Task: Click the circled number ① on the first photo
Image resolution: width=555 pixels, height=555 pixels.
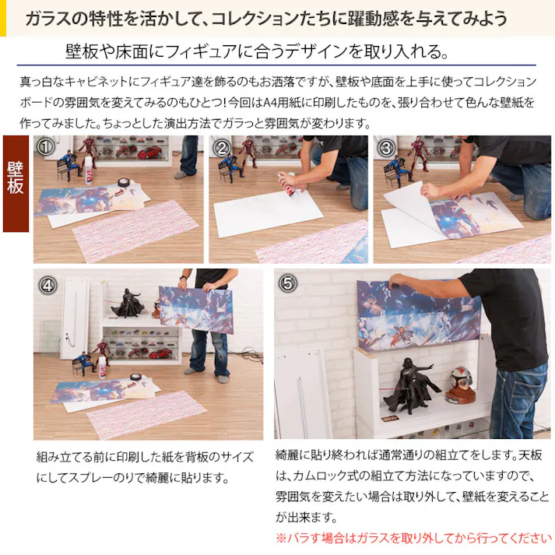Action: point(45,146)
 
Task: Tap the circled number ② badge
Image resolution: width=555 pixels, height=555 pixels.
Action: point(222,148)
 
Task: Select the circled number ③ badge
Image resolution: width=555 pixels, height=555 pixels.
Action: point(386,148)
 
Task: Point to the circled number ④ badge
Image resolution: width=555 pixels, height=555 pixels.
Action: point(47,285)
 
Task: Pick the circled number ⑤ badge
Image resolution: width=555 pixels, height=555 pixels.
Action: point(287,283)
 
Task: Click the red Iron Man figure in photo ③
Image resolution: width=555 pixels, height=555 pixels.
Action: point(420,154)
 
